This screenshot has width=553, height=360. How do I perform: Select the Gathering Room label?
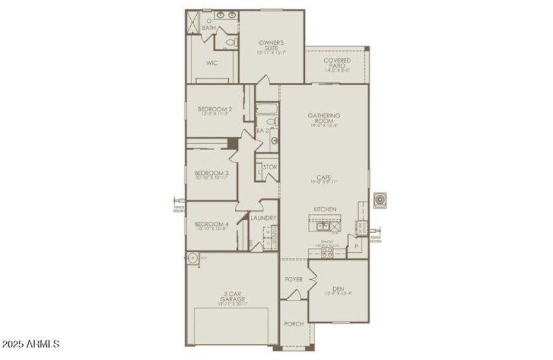(x=324, y=120)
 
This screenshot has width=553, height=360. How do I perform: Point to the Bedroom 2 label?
(x=214, y=111)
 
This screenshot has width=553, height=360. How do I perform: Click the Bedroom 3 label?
(x=212, y=176)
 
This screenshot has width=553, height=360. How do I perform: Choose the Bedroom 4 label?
(x=212, y=226)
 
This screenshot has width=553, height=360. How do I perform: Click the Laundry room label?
(x=263, y=218)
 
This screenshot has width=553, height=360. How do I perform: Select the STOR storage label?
(x=270, y=167)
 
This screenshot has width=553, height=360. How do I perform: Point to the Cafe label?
(x=324, y=179)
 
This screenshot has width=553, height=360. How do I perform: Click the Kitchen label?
(x=324, y=209)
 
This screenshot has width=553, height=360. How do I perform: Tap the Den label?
(x=338, y=290)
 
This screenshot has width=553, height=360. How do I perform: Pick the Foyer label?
(x=294, y=279)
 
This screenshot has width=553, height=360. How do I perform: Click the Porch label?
(x=294, y=323)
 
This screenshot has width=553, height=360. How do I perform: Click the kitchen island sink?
(x=323, y=225)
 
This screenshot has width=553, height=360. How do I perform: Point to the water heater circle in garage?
(x=194, y=258)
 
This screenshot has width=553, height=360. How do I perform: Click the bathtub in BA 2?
(x=266, y=110)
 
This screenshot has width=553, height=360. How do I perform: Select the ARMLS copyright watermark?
(x=32, y=343)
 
